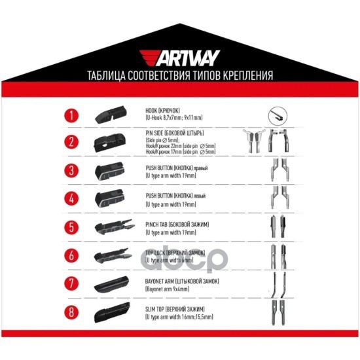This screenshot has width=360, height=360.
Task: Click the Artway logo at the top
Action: tap(179, 58)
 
